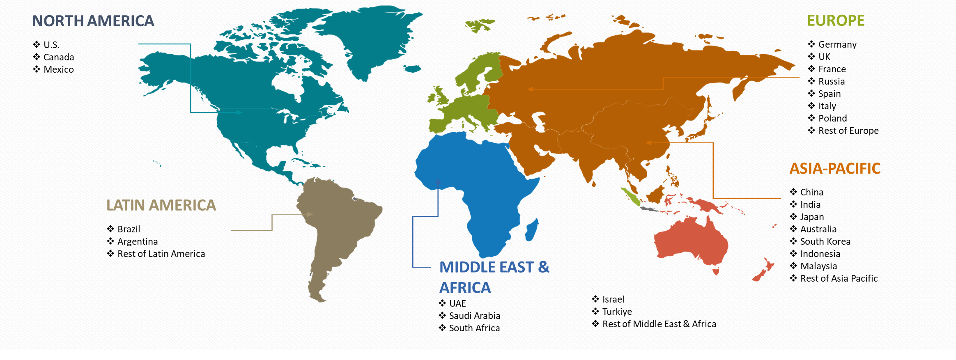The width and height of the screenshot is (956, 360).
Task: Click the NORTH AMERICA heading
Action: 93,21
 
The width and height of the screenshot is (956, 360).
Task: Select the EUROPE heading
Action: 836,21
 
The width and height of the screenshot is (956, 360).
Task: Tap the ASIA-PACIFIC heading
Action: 835,168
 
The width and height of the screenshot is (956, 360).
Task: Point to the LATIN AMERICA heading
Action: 161,205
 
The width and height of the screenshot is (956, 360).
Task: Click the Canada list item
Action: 59,57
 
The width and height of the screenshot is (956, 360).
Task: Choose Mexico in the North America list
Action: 59,69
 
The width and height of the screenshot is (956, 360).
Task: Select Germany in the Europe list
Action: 837,44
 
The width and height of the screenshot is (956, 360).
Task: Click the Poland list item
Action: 832,118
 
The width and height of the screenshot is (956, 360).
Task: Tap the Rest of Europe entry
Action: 848,131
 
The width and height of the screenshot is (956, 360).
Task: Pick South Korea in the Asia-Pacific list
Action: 825,241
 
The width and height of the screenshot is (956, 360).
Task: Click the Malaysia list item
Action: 818,266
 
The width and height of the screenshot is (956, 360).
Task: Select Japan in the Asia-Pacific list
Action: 812,217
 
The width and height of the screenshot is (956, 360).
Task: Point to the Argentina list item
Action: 138,241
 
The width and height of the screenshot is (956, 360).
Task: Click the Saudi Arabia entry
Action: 474,316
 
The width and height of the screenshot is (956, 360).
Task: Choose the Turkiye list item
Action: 617,312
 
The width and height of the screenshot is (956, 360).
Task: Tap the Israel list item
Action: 613,299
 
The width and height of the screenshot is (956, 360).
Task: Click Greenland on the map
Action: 370,37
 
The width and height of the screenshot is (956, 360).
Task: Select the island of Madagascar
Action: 531,230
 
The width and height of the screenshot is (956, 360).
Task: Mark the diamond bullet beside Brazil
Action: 110,229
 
